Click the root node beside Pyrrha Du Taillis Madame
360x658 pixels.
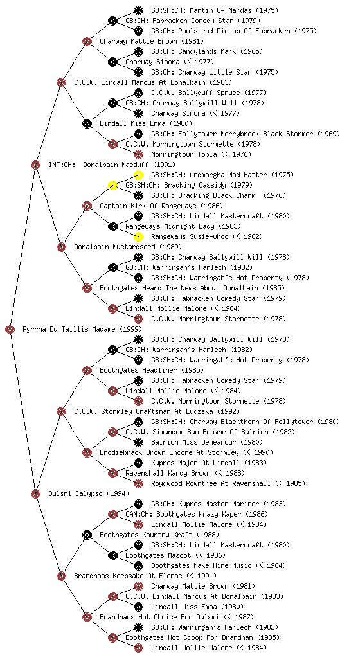[10, 330]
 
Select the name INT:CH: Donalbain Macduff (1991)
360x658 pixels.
[112, 164]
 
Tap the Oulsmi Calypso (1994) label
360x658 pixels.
[89, 493]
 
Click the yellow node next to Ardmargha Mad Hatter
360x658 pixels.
[138, 175]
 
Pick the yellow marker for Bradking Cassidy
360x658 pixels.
[113, 185]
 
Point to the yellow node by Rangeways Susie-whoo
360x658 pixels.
[138, 236]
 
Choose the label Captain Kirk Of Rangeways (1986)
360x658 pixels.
[161, 206]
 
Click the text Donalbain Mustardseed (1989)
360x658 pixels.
[128, 247]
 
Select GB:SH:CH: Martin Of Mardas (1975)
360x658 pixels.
[215, 10]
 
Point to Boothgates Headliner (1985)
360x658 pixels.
[152, 370]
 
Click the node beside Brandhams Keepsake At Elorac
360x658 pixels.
[61, 576]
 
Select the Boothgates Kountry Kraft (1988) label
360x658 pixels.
[159, 535]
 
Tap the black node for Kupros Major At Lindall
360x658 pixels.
[138, 463]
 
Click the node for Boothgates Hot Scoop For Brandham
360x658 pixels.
[113, 637]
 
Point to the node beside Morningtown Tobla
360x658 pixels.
[138, 154]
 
